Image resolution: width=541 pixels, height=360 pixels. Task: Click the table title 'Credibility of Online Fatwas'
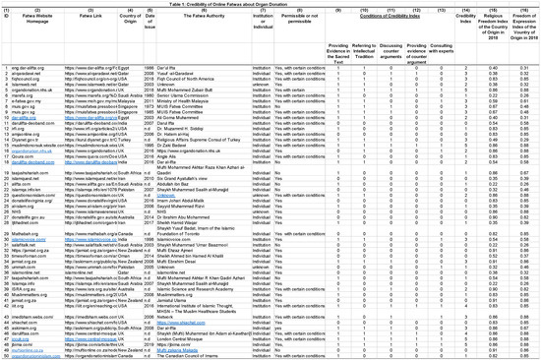(x=270, y=4)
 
